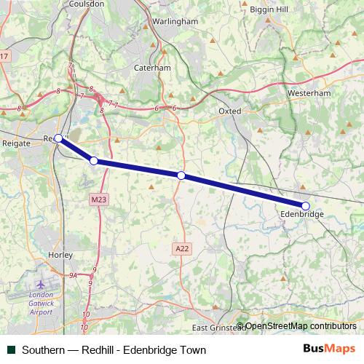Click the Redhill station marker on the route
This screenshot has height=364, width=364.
(58, 138)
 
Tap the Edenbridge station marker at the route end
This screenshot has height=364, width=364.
(306, 205)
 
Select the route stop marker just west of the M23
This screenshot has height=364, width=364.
(94, 160)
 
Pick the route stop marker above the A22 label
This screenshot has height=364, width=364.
(181, 175)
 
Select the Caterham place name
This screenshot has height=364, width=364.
(152, 68)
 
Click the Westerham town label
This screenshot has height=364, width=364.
(309, 94)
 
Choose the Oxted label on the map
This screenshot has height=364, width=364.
(229, 111)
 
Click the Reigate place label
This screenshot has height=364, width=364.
(17, 143)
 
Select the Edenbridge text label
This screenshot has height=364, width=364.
(301, 215)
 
